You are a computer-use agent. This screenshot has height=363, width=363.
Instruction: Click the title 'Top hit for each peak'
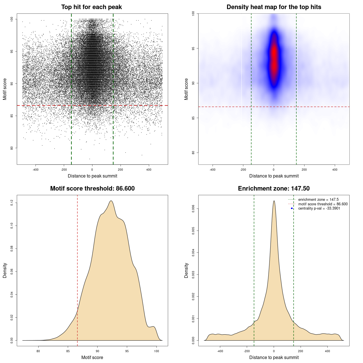(92, 7)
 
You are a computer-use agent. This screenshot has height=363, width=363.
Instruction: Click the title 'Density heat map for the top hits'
(274, 7)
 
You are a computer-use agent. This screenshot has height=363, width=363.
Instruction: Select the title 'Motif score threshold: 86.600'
(92, 189)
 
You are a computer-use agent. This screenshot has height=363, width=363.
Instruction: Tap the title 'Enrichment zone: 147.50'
(274, 189)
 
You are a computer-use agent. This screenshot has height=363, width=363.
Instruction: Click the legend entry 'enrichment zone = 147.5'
(318, 200)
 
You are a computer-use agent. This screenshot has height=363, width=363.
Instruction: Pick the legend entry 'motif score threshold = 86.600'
(323, 204)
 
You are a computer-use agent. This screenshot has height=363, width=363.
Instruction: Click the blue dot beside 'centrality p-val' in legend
(292, 208)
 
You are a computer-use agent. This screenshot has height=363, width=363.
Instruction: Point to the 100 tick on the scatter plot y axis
(12, 19)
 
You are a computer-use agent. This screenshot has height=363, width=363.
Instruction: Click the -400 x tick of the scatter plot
(35, 170)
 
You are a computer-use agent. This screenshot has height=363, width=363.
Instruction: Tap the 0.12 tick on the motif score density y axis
(12, 203)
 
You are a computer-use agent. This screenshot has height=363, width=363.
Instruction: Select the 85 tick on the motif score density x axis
(68, 351)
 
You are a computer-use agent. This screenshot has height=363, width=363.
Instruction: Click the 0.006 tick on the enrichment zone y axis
(193, 209)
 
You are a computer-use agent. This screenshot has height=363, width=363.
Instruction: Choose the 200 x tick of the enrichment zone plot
(301, 351)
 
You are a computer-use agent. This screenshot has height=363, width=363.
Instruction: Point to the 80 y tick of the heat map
(193, 153)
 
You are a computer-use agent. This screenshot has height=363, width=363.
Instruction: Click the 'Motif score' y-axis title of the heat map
(186, 89)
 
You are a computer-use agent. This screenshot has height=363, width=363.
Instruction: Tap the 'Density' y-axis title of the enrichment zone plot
(186, 270)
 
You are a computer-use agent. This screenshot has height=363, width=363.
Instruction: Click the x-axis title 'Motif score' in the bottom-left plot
(92, 357)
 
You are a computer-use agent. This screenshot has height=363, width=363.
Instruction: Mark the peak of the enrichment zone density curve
(274, 201)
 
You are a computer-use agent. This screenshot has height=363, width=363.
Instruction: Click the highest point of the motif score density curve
(111, 201)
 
